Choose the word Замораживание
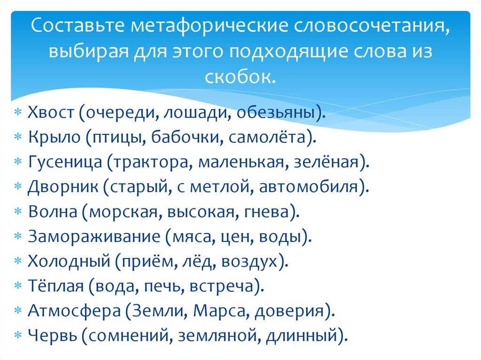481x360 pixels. click(x=93, y=237)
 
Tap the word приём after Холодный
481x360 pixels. click(x=145, y=261)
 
